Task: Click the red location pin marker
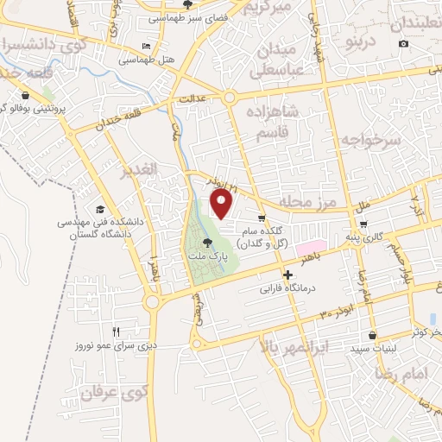tap(223, 204)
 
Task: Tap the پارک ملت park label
tap(205, 256)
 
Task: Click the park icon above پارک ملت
tap(206, 243)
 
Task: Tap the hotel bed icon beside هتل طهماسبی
tap(146, 46)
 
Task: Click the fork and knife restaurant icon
tap(117, 331)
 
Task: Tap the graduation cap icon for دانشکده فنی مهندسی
tap(100, 210)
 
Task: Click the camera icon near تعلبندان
tap(403, 44)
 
